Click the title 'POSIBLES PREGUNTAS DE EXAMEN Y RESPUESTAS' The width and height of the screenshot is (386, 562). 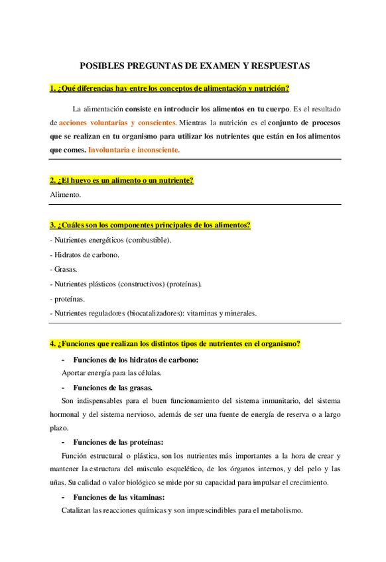click(194, 66)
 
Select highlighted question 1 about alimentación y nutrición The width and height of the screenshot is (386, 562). click(169, 88)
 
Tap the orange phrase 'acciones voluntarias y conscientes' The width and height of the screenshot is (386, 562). click(117, 123)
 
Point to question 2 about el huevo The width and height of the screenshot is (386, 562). click(121, 180)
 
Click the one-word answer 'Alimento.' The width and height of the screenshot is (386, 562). click(65, 195)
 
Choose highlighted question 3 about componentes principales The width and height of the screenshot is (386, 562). click(150, 225)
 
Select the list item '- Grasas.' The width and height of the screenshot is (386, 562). click(64, 269)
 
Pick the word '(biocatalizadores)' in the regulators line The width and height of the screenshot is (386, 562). click(156, 313)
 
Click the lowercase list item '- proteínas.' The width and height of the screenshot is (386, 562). click(68, 298)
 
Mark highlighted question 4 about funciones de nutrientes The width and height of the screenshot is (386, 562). click(175, 343)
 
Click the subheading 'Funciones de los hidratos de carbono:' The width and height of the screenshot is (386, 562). click(136, 360)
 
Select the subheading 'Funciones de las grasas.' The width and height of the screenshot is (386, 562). click(113, 388)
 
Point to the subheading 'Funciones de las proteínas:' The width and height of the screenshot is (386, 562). click(118, 442)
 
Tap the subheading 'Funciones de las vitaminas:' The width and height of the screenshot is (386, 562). click(119, 497)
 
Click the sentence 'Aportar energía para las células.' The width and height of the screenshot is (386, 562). click(111, 372)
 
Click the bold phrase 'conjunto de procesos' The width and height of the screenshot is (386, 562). click(303, 123)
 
